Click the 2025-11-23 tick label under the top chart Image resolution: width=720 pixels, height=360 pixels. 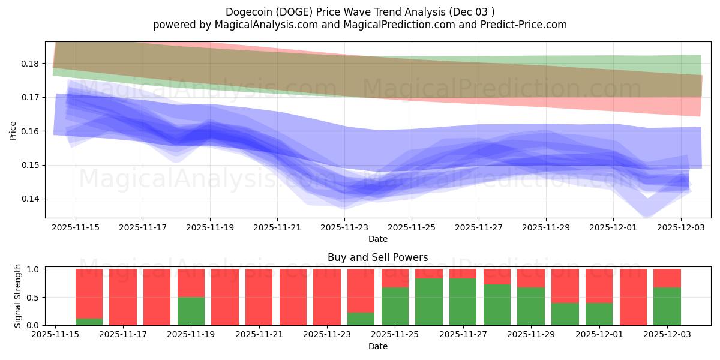344,228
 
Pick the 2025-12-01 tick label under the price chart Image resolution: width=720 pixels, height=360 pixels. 613,228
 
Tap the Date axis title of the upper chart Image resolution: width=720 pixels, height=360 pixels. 378,239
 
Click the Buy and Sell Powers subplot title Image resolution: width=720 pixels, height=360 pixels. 378,257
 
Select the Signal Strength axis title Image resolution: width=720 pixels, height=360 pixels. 18,296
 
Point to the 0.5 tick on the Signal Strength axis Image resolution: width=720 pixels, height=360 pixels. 34,297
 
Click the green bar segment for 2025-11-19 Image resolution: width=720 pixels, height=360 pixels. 191,311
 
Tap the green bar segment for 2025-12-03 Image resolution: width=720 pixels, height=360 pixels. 667,307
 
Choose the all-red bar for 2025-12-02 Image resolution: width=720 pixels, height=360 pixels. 633,297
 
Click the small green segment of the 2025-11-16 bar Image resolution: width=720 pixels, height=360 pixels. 89,322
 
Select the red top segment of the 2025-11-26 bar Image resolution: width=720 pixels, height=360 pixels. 428,274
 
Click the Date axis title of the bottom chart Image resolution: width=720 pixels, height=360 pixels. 378,346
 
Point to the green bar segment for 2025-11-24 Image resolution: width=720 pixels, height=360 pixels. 361,319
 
